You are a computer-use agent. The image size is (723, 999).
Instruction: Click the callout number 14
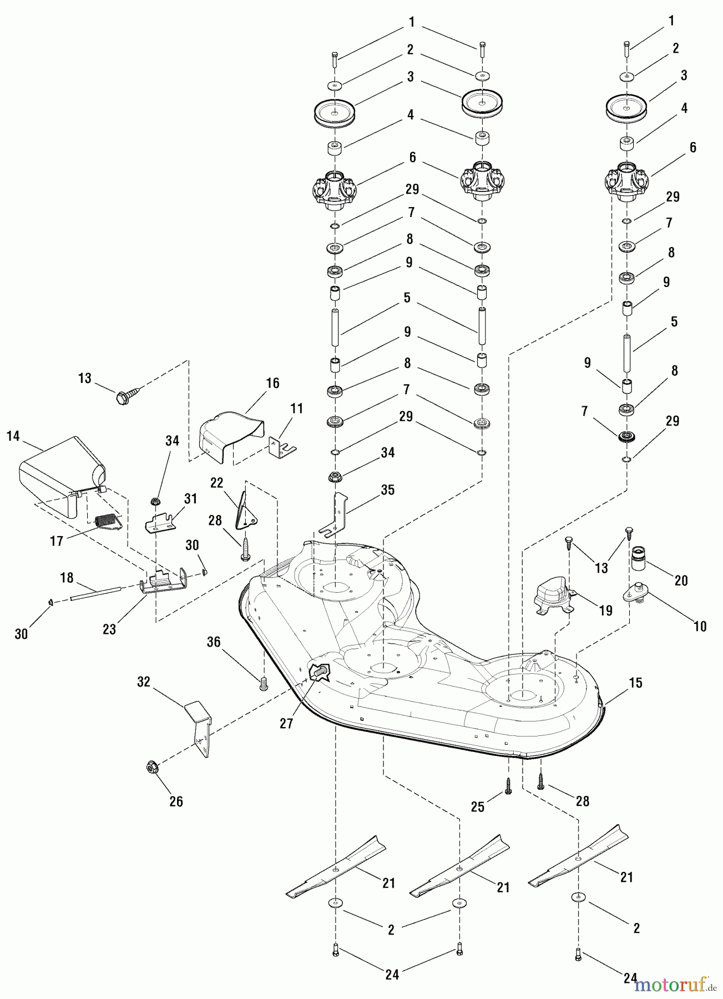coord(13,436)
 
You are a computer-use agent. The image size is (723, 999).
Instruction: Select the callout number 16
coord(272,383)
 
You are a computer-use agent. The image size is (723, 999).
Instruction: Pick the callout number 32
coord(144,682)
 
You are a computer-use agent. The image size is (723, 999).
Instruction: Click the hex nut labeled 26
coord(150,767)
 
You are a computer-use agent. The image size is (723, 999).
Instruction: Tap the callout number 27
coord(286,724)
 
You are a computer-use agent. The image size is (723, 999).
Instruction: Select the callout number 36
coord(214,642)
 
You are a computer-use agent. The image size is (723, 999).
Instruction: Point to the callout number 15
coord(635,683)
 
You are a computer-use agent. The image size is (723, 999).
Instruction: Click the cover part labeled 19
coord(551,594)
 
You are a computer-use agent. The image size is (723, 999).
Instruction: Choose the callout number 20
coord(681,581)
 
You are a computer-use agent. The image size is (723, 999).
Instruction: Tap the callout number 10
coord(700,626)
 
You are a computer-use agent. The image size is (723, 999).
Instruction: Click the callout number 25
coord(478,807)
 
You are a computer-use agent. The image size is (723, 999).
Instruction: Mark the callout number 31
coord(190,498)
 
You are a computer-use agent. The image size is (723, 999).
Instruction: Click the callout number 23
coord(109,629)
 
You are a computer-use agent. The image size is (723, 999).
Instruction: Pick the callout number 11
coord(297,408)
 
